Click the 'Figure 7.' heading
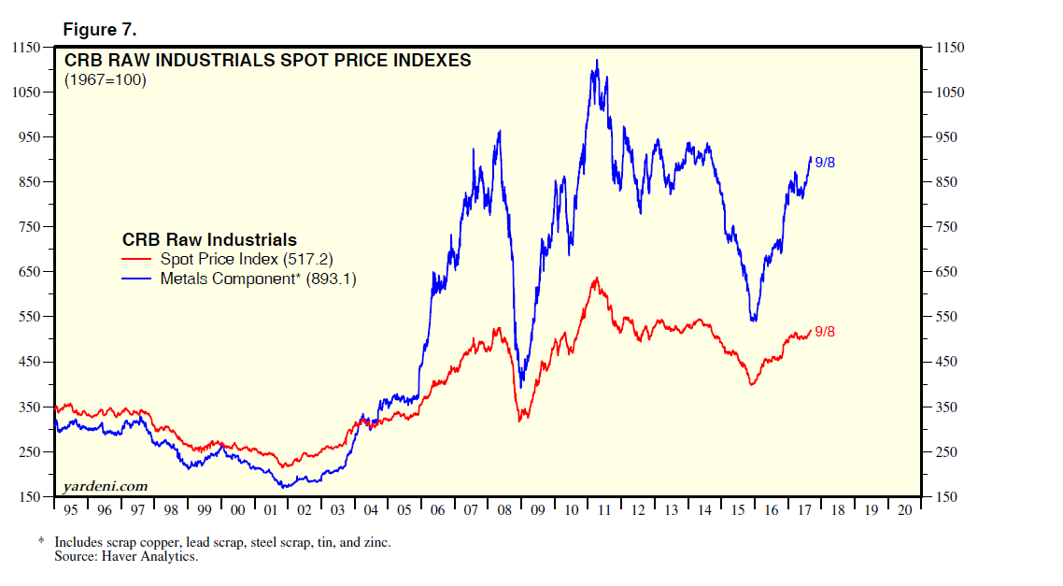click(100, 29)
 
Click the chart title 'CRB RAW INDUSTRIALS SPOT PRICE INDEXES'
click(267, 61)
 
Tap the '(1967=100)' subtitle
click(105, 80)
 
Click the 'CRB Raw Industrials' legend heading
click(209, 239)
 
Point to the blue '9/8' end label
click(825, 163)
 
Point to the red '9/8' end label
click(825, 331)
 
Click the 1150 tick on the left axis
click(24, 48)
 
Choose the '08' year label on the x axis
click(505, 510)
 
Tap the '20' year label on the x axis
click(904, 510)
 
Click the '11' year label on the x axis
click(605, 510)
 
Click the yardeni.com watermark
click(106, 486)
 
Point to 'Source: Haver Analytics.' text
click(127, 557)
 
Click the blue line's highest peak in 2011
click(597, 61)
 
